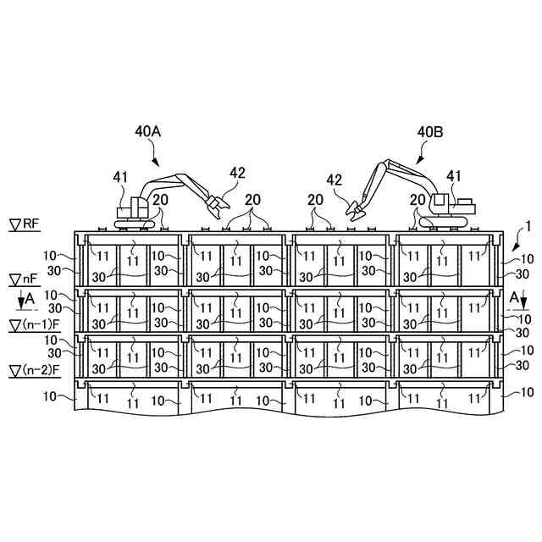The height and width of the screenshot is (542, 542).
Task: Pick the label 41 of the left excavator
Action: coord(122,177)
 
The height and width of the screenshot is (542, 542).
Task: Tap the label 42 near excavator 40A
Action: coord(238,172)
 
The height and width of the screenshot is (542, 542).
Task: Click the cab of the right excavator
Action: coord(439,204)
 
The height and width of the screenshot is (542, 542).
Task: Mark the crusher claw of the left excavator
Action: coord(217,206)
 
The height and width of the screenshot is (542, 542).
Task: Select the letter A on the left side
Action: coord(30,298)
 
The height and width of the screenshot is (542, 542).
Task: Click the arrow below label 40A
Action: coord(154,157)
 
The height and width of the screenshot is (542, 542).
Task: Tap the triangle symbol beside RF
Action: coord(15,224)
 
